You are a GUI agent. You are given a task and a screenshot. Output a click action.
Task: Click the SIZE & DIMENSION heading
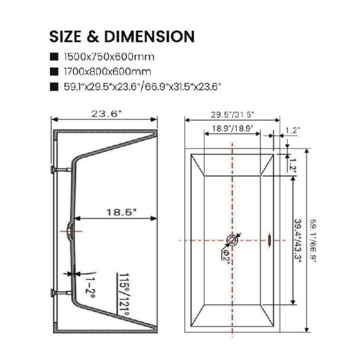pos(122,37)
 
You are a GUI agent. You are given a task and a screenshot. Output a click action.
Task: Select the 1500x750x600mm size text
pos(109,57)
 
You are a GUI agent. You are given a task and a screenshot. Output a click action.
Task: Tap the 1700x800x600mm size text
pos(107,71)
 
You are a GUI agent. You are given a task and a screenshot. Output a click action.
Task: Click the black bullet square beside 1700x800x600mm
pos(54,71)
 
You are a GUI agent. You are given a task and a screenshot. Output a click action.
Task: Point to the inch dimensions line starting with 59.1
pos(142,87)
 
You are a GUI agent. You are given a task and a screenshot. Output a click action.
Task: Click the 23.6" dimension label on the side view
pos(106,113)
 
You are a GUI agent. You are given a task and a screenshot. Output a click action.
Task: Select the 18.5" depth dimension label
pos(121,212)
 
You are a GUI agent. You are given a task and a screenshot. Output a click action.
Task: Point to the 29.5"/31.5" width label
pos(233,115)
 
